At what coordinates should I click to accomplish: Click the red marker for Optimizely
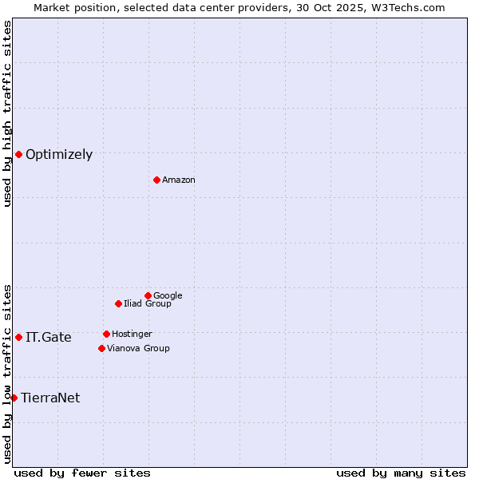point(18,154)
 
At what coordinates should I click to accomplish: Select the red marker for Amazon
point(156,180)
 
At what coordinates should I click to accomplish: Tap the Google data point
point(148,295)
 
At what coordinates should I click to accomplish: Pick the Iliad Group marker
point(118,303)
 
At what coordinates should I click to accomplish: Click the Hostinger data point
point(106,334)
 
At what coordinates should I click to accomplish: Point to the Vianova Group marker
point(101,348)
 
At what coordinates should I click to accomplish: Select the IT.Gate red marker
point(18,337)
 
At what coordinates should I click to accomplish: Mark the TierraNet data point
point(14,398)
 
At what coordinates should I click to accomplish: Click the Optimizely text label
point(59,155)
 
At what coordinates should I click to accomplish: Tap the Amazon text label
point(179,180)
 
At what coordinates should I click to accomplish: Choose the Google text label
point(168,295)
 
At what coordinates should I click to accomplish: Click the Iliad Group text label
point(148,303)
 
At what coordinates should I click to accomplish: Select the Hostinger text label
point(132,334)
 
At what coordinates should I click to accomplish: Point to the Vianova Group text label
point(138,348)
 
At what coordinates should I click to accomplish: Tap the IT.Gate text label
point(49,338)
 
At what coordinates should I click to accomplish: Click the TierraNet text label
point(50,398)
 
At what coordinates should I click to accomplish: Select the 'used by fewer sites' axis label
point(82,473)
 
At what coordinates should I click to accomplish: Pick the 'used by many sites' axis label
point(401,473)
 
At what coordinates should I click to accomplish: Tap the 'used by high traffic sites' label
point(7,113)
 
